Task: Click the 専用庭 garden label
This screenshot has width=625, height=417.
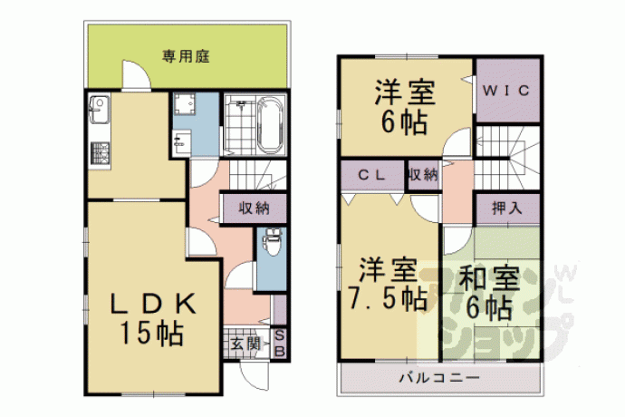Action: point(186,56)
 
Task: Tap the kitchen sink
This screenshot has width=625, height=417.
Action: point(99,110)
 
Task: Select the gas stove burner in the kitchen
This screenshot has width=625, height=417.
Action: point(100,153)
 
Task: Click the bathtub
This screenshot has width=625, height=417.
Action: point(270,124)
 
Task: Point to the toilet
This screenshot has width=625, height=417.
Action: point(273,242)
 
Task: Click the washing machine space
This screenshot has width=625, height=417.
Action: point(185,103)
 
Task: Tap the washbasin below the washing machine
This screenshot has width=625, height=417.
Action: point(182,142)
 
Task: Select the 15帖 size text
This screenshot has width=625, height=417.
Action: point(151,334)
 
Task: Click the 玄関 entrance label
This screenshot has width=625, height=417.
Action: point(245,344)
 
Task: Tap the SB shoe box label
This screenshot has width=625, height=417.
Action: point(280,344)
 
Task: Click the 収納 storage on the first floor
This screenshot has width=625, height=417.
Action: point(254,208)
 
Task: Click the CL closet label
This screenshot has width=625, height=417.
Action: point(371,175)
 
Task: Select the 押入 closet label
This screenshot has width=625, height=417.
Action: point(506,208)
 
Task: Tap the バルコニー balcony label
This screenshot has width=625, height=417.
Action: point(439,377)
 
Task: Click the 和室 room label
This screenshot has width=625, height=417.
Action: point(490,278)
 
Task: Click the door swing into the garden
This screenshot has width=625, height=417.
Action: point(136,74)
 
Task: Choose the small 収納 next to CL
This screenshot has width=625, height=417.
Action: point(423,175)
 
